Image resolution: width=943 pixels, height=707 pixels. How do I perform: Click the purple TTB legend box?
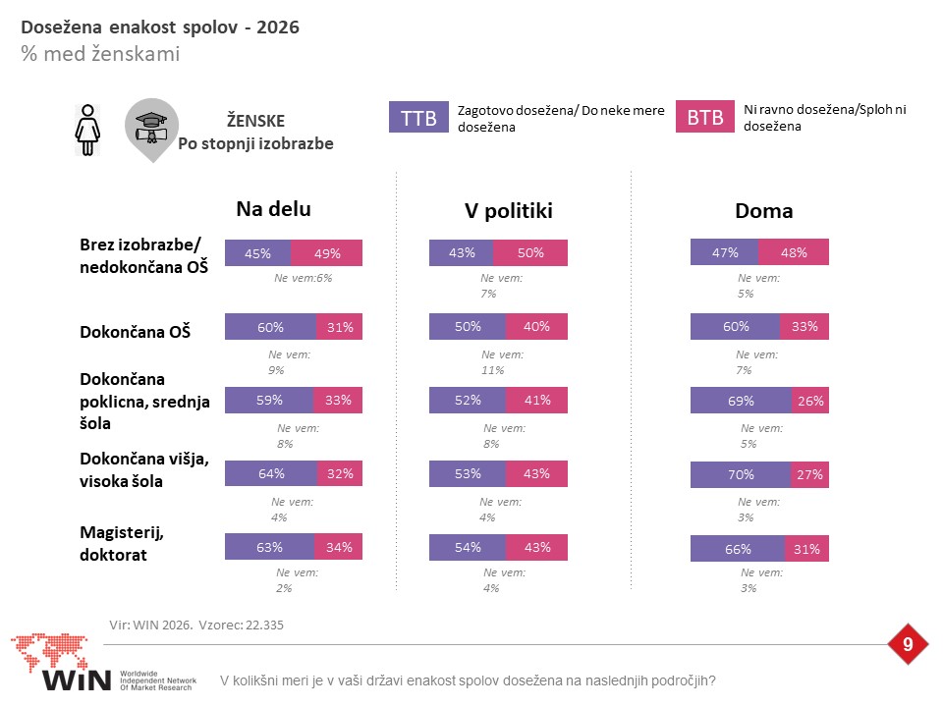[x=418, y=117]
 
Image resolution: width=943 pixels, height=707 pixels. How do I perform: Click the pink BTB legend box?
[x=705, y=116]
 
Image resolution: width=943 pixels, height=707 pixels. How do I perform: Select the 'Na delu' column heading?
[x=274, y=208]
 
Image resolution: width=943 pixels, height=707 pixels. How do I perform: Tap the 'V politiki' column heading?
[x=508, y=210]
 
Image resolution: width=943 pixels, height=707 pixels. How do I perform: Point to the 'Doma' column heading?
[x=764, y=210]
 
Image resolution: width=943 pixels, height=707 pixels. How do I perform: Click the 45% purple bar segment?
[x=258, y=253]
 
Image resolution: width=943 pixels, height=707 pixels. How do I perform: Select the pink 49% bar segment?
[x=326, y=253]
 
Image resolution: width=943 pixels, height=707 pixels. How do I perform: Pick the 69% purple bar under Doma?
[x=741, y=401]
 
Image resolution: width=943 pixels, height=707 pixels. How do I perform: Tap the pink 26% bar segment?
[x=810, y=401]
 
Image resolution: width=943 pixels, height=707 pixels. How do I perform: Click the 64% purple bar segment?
[x=271, y=473]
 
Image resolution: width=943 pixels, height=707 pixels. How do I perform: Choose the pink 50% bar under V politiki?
[x=530, y=253]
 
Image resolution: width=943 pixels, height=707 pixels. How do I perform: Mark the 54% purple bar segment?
[x=468, y=547]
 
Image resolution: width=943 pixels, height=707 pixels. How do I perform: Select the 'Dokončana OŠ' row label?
[x=136, y=331]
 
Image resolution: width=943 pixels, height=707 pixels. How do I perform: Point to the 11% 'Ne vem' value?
[x=492, y=370]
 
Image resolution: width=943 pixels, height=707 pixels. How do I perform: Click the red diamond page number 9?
[x=908, y=644]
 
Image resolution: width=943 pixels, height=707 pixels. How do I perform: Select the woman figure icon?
[x=87, y=130]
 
